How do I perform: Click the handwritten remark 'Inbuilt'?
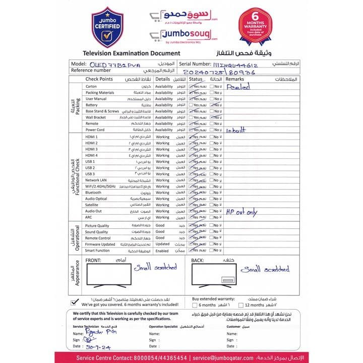pos(236,130)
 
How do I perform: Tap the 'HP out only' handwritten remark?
pos(241,212)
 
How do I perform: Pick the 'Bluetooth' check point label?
pos(93,193)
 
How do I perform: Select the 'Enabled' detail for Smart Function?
pos(162,251)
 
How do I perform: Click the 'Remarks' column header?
pos(235,80)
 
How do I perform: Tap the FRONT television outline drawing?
pos(107,275)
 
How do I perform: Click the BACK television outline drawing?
pos(214,276)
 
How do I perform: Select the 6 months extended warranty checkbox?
pos(195,305)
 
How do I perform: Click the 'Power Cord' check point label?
pos(94,130)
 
